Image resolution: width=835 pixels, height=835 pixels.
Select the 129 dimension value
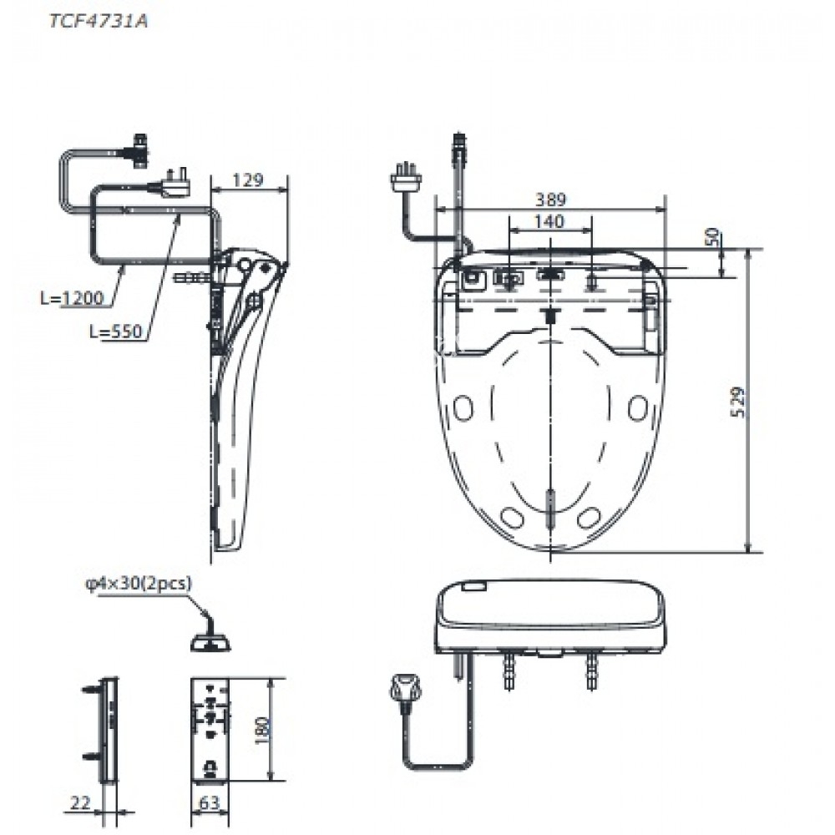pyautogui.click(x=247, y=180)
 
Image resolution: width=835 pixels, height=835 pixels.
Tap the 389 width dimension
pyautogui.click(x=550, y=200)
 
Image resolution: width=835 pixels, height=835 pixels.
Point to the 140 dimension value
pyautogui.click(x=549, y=221)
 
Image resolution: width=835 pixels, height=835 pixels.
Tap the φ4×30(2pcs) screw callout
pyautogui.click(x=139, y=584)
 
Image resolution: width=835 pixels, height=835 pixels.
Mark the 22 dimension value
pyautogui.click(x=80, y=802)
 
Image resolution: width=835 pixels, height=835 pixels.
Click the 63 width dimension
pyautogui.click(x=210, y=803)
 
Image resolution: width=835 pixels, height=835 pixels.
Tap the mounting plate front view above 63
pyautogui.click(x=210, y=730)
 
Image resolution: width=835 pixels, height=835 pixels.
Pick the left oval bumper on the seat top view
pyautogui.click(x=462, y=408)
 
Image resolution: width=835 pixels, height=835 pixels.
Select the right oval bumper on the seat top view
pyautogui.click(x=639, y=408)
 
